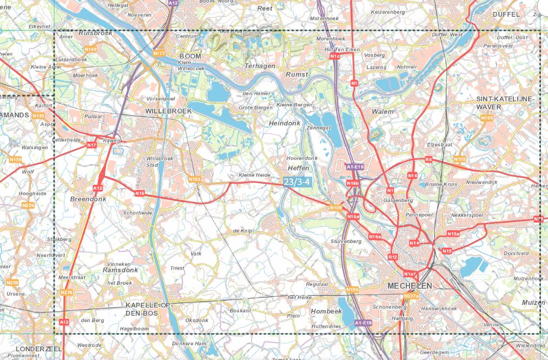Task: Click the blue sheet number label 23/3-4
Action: tap(297, 183)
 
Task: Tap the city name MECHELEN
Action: tap(410, 285)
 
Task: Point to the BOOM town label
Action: tap(190, 56)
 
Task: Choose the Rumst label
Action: tap(296, 74)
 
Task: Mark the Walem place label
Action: tap(382, 111)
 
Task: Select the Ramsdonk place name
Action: tap(121, 269)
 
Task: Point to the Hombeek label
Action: tap(326, 311)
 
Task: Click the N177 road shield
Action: tap(159, 53)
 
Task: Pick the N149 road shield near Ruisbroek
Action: tap(90, 49)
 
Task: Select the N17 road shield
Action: tap(91, 145)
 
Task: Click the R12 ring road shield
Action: tap(393, 257)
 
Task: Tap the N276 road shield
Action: tap(67, 292)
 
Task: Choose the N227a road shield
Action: tap(411, 295)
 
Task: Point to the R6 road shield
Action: tap(428, 159)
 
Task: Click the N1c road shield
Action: tap(335, 56)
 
